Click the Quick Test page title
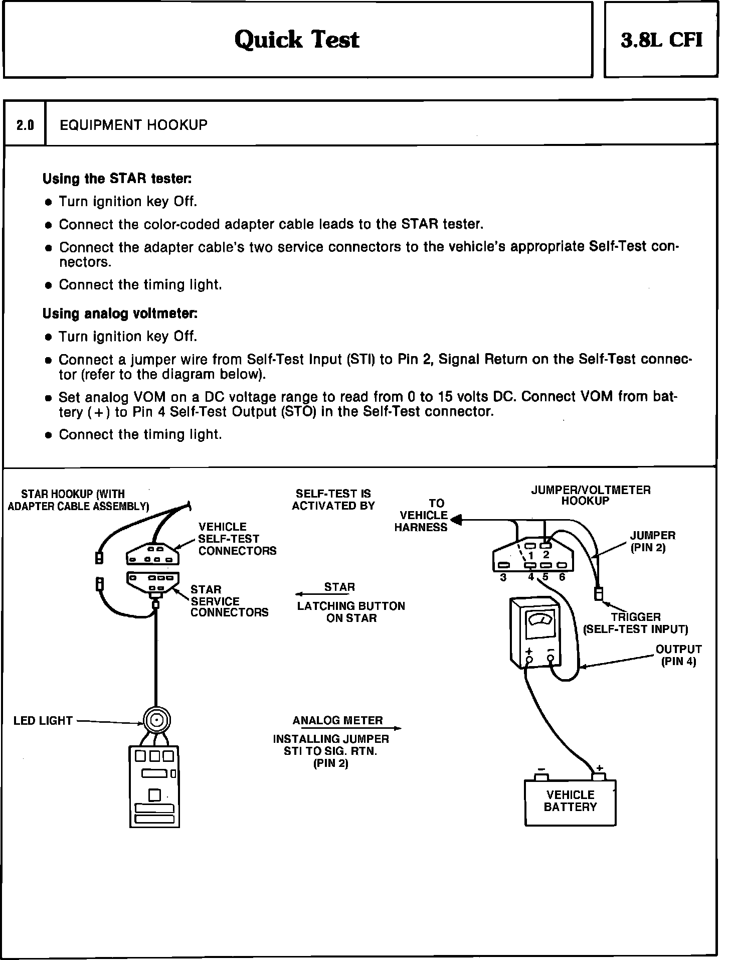pyautogui.click(x=297, y=40)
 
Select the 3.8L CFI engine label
pyautogui.click(x=661, y=40)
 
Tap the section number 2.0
pyautogui.click(x=25, y=125)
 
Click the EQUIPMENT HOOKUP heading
pyautogui.click(x=133, y=125)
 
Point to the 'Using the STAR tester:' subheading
pyautogui.click(x=117, y=179)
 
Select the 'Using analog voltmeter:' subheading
pyautogui.click(x=120, y=313)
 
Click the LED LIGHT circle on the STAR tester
pyautogui.click(x=157, y=721)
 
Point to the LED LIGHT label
pyautogui.click(x=43, y=721)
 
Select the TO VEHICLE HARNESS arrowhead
pyautogui.click(x=456, y=520)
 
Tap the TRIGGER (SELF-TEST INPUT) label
pyautogui.click(x=635, y=623)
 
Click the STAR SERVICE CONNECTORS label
pyautogui.click(x=229, y=601)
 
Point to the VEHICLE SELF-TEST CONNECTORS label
pyautogui.click(x=237, y=539)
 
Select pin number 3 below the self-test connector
pyautogui.click(x=503, y=577)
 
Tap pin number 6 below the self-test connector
pyautogui.click(x=562, y=577)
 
